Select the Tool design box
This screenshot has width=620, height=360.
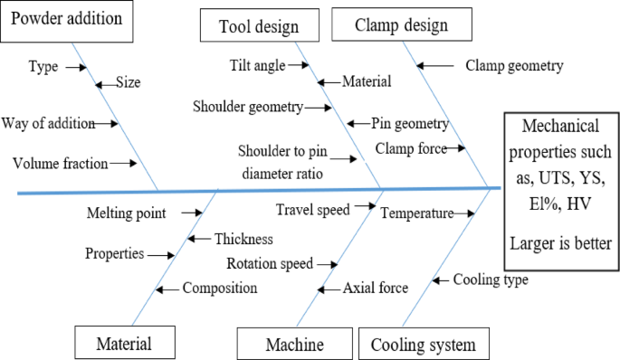[x=258, y=26]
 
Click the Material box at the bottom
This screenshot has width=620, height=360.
[x=124, y=344]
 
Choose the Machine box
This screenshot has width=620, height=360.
[x=294, y=344]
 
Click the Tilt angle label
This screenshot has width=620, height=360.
[x=257, y=65]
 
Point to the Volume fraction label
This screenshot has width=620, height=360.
[x=60, y=163]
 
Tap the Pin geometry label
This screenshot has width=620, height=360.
[x=410, y=124]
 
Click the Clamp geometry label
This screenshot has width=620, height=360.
[x=514, y=65]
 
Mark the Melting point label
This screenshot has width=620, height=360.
[x=126, y=213]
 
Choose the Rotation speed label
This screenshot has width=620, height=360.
[x=270, y=264]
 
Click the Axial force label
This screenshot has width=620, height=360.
[x=375, y=289]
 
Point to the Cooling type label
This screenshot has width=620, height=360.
[x=491, y=279]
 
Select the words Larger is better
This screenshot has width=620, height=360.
[x=560, y=242]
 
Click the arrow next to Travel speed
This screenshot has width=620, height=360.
[x=365, y=207]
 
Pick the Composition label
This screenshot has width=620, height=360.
[x=220, y=289]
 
